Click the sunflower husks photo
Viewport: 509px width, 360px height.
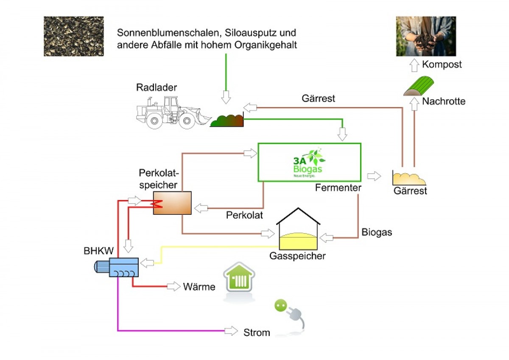pos(73,36)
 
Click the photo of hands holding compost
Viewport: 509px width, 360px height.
pos(426,36)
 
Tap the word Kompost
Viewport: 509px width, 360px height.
pos(442,65)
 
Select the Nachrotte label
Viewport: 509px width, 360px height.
pos(444,101)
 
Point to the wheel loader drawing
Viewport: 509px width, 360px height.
pos(172,112)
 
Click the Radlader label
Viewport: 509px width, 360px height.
pos(157,88)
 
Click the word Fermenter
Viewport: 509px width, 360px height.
pos(338,187)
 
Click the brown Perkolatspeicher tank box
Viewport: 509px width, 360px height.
pos(172,202)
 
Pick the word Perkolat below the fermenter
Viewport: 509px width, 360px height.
pos(244,215)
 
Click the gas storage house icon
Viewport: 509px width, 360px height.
pos(298,229)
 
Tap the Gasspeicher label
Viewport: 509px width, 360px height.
pos(297,256)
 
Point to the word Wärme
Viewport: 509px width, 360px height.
pos(199,287)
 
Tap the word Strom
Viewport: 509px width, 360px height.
pos(257,332)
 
